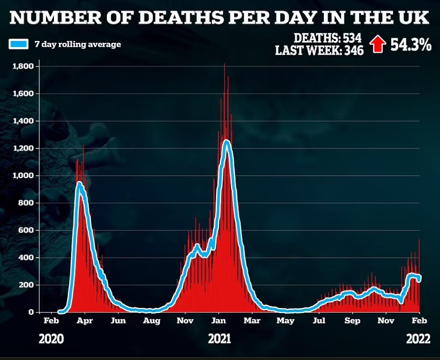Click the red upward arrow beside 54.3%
(378, 44)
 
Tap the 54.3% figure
(411, 45)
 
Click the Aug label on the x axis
(152, 320)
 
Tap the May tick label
(285, 320)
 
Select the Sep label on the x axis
(352, 320)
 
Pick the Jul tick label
(318, 320)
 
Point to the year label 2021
(219, 340)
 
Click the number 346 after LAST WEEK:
(352, 50)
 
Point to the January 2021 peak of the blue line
(226, 141)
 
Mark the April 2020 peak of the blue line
(79, 184)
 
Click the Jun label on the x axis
(118, 320)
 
